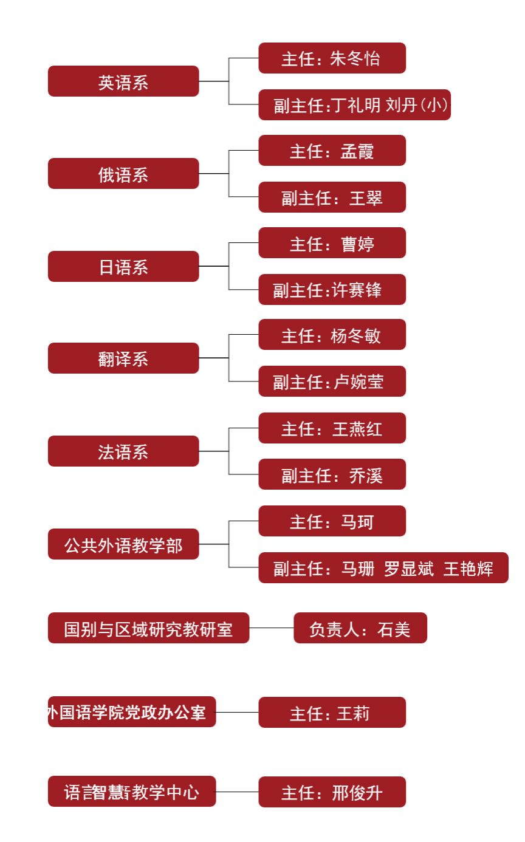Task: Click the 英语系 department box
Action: click(x=123, y=81)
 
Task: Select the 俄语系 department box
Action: click(x=123, y=174)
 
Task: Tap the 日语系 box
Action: click(x=123, y=267)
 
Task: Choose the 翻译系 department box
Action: click(x=123, y=358)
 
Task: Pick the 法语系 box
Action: click(x=123, y=451)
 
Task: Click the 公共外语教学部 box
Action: click(x=123, y=544)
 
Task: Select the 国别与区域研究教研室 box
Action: click(x=148, y=628)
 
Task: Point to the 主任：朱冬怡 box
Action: click(x=332, y=58)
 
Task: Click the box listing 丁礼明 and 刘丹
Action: click(x=354, y=105)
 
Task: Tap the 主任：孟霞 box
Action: click(x=332, y=151)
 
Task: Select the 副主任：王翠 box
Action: click(x=332, y=197)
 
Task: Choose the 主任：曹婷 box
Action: click(x=332, y=243)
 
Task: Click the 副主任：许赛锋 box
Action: click(x=332, y=290)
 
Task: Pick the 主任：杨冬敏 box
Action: click(x=332, y=335)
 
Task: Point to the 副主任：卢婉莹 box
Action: click(x=332, y=382)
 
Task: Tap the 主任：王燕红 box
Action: click(x=332, y=428)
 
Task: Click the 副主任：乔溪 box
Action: click(x=332, y=474)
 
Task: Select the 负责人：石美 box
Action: click(x=360, y=628)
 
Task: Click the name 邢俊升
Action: click(x=357, y=792)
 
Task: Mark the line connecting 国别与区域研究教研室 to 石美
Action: click(x=272, y=628)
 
